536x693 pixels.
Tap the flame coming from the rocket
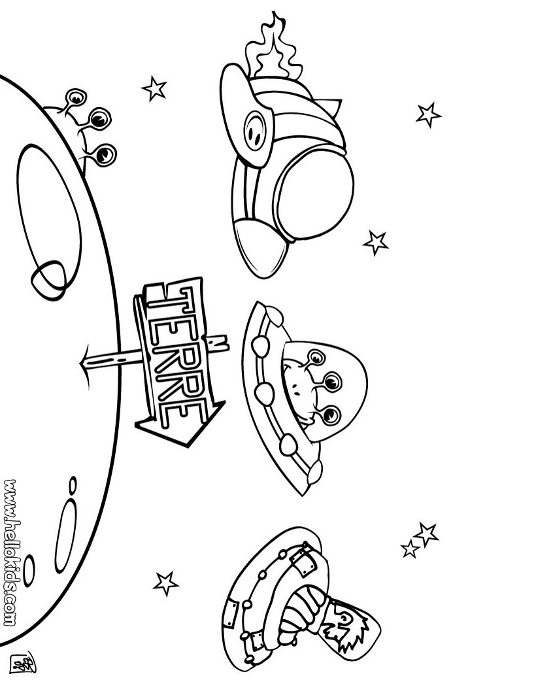[267, 49]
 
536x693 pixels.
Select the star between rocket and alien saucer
[375, 242]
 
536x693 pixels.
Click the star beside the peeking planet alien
[154, 88]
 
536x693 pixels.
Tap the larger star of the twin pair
[426, 533]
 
